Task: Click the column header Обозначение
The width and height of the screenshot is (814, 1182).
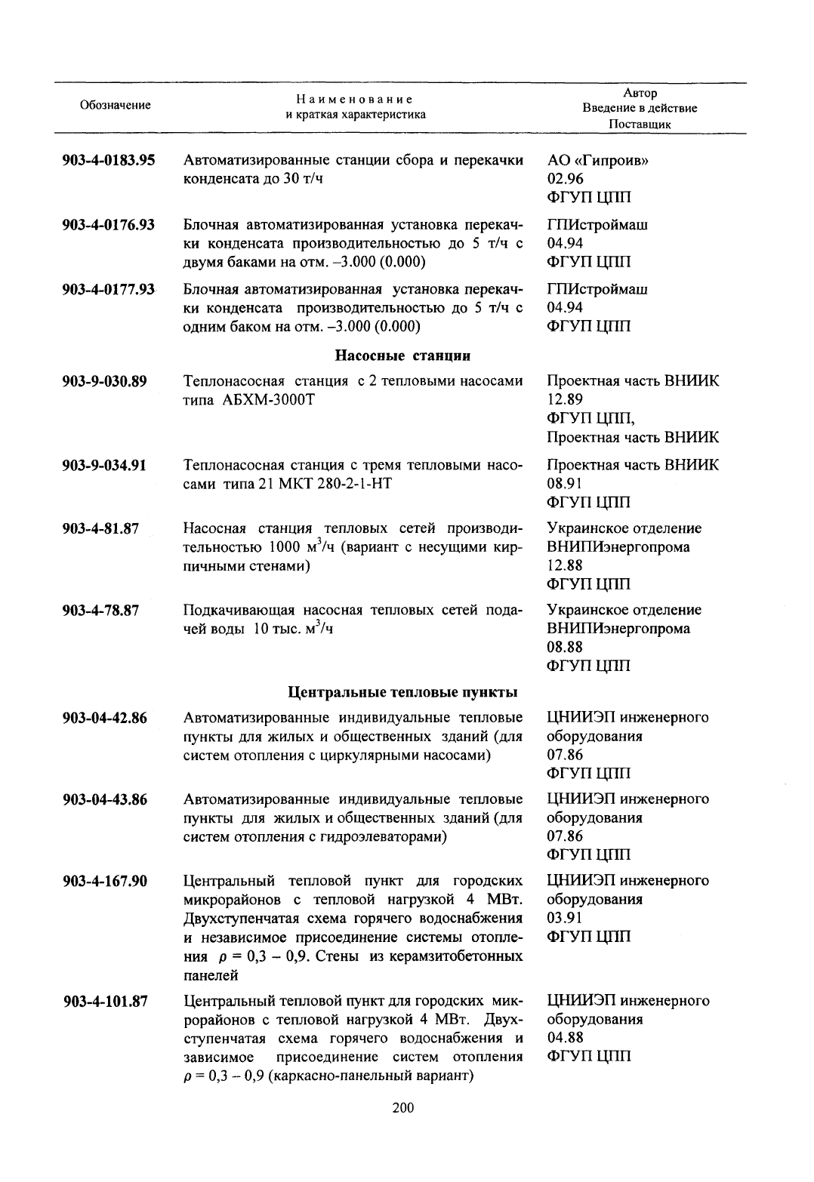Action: coord(115,106)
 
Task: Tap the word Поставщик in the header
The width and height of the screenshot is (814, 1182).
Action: coord(640,125)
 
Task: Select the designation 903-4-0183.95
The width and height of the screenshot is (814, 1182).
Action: coord(109,160)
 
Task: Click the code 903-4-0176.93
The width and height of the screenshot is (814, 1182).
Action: coord(109,225)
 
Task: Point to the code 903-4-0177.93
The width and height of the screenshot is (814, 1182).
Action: coord(109,289)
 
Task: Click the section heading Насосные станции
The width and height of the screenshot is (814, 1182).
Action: coord(402,355)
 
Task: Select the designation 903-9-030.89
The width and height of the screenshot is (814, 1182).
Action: coord(104,381)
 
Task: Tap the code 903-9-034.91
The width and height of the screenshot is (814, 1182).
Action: coord(104,465)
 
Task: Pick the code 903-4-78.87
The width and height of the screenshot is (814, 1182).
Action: coord(100,610)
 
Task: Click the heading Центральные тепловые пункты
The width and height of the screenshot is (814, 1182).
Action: coord(402,691)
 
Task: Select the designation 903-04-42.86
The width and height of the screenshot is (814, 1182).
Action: coord(105,718)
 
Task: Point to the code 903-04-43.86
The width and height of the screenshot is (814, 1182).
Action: coord(105,799)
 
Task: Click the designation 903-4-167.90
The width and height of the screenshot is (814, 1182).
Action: coord(105,881)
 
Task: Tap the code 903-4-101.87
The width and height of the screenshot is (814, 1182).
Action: coord(105,1002)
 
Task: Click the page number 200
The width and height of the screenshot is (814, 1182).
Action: coord(403,1108)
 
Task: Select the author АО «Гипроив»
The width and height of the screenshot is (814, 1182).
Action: coord(597,161)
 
